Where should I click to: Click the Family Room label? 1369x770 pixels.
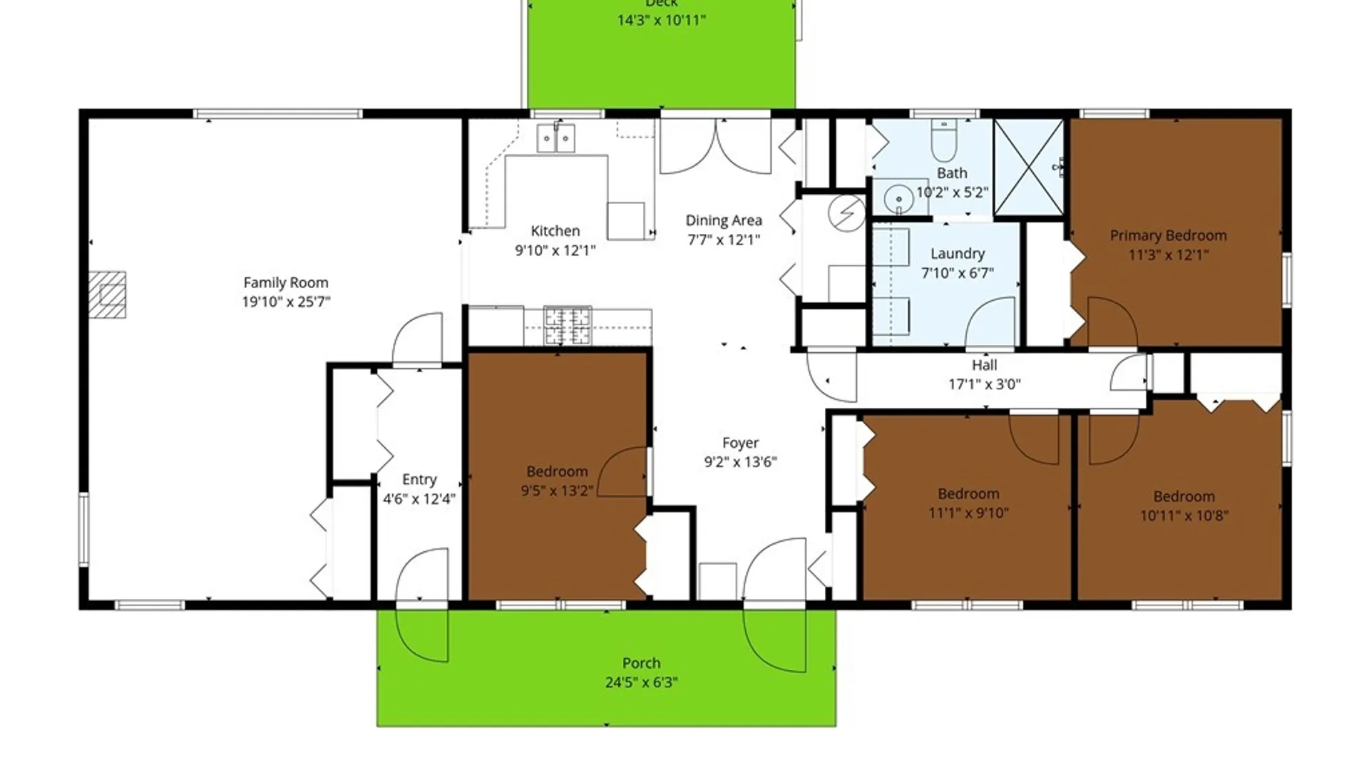tap(286, 283)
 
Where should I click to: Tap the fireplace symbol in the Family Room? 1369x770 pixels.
tap(108, 294)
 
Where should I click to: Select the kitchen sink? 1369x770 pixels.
tap(555, 138)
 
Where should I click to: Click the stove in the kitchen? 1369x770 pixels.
tap(568, 325)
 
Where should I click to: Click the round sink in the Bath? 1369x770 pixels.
tap(899, 199)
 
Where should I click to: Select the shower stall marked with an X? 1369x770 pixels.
tap(1028, 167)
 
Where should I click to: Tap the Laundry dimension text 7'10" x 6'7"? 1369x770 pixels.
tap(957, 273)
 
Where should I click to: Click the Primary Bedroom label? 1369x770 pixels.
tap(1168, 236)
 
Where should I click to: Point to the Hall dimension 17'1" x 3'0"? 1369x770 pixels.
tap(984, 385)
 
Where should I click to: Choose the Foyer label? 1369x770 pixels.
tap(740, 443)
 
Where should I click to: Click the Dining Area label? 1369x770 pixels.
tap(724, 220)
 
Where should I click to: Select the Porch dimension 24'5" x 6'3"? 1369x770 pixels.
tap(641, 682)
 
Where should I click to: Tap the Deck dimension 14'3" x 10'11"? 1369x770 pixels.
tap(661, 21)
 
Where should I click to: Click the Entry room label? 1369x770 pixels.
tap(419, 480)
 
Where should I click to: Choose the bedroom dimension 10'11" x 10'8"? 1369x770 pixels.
tap(1184, 515)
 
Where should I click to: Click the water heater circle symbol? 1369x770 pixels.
tap(846, 212)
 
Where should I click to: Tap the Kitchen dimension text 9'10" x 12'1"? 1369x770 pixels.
tap(555, 250)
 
